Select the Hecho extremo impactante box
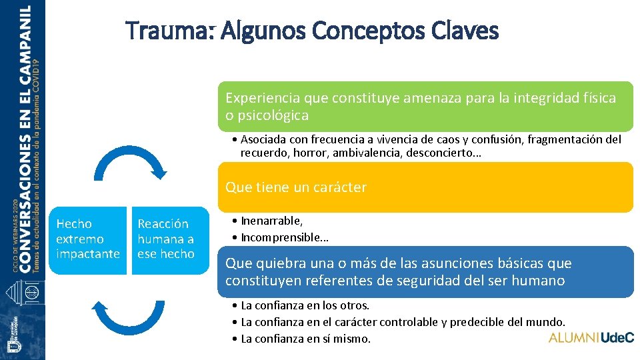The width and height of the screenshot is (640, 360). point(88,239)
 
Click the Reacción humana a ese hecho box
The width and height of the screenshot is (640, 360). point(166,239)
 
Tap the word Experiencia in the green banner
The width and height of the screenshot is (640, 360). point(262,98)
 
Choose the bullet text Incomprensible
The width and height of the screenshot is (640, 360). point(285,237)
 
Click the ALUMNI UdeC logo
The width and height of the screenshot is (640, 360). point(591,337)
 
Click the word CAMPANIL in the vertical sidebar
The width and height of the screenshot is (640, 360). point(25,43)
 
